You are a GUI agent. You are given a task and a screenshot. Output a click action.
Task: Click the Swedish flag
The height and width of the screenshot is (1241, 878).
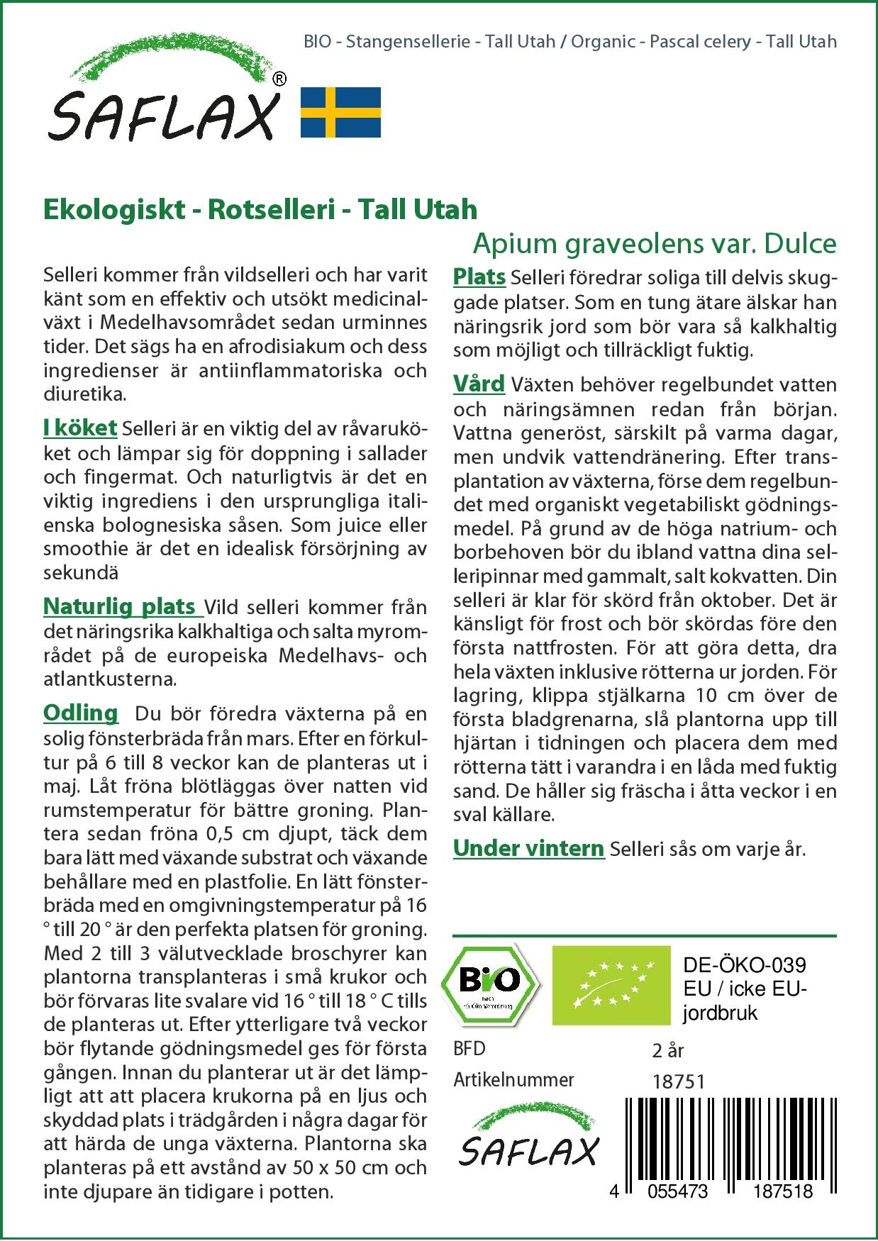(x=340, y=112)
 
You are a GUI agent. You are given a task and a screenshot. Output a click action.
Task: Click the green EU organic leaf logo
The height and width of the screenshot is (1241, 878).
(x=611, y=984)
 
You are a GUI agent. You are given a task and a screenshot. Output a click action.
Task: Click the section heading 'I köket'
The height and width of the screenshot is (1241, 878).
(x=80, y=428)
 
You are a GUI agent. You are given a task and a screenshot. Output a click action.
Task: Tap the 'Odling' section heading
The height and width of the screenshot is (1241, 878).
(x=81, y=712)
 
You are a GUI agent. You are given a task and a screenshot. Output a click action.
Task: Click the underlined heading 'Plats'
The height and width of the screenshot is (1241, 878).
(x=479, y=277)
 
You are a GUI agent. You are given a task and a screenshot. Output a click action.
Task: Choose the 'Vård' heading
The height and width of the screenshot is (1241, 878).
(x=479, y=384)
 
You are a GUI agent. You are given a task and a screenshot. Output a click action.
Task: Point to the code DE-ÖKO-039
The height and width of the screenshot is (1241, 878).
(x=744, y=965)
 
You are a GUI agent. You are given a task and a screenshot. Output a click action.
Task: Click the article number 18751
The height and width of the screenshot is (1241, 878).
(x=678, y=1081)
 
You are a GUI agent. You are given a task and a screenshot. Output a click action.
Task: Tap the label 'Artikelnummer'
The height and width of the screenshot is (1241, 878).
(x=513, y=1080)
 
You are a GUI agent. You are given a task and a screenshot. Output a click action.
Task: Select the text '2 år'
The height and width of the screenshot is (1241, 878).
(x=668, y=1050)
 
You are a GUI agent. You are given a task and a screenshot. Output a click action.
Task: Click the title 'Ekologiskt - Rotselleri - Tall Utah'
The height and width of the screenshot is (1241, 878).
(x=260, y=209)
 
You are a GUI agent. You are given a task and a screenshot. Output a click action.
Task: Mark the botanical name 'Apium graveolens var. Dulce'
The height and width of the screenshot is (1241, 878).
(x=655, y=243)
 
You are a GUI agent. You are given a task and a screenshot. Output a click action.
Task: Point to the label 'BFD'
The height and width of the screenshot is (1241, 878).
(x=469, y=1049)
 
